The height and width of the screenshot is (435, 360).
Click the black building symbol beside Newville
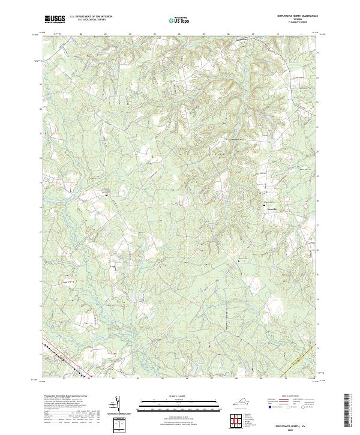(266, 208)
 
